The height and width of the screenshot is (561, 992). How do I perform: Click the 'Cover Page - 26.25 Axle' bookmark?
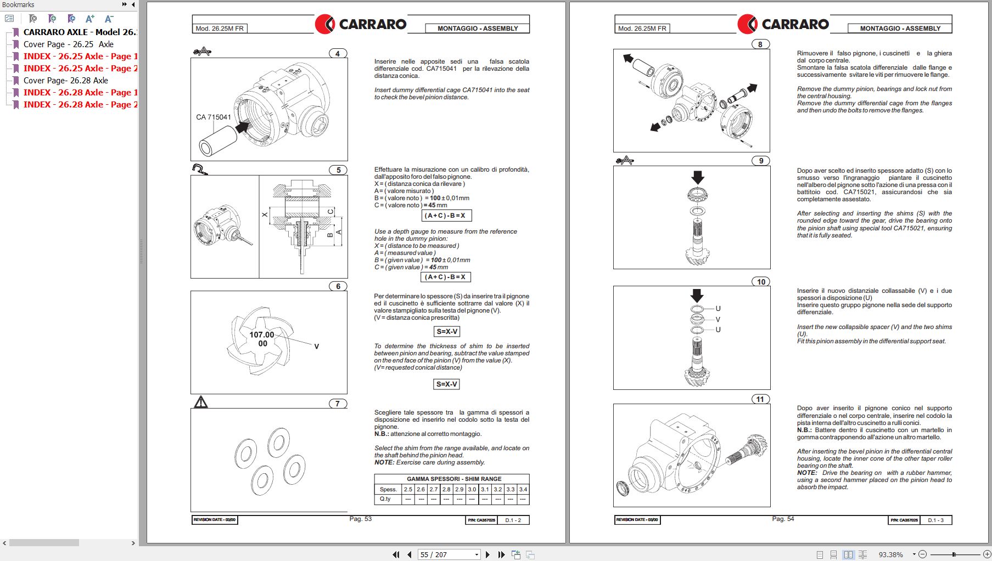pos(68,44)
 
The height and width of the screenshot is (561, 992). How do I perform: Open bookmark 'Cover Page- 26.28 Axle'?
pos(65,81)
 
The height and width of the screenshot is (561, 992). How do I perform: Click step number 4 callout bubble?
pos(338,53)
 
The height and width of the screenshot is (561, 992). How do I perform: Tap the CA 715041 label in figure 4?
pos(214,117)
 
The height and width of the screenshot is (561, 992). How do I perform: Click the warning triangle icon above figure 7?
pos(201,403)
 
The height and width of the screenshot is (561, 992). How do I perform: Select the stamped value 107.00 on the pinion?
pos(261,335)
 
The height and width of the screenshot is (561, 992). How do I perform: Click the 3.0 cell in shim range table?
pos(472,489)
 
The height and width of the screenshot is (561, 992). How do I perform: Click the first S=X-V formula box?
pos(447,331)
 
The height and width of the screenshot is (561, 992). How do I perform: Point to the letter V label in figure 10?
pos(718,319)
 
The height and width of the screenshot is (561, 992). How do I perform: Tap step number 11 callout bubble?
pos(760,399)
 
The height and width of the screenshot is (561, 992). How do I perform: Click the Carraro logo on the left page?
pos(361,24)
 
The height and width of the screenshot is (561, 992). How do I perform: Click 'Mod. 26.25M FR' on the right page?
pos(642,29)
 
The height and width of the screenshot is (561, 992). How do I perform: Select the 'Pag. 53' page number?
pos(360,519)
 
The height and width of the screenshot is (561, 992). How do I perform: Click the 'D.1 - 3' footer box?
pos(935,520)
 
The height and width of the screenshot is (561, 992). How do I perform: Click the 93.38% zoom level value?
pos(890,554)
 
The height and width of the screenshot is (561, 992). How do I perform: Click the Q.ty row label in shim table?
pos(385,499)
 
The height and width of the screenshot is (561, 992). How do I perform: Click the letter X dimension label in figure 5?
pos(265,215)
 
